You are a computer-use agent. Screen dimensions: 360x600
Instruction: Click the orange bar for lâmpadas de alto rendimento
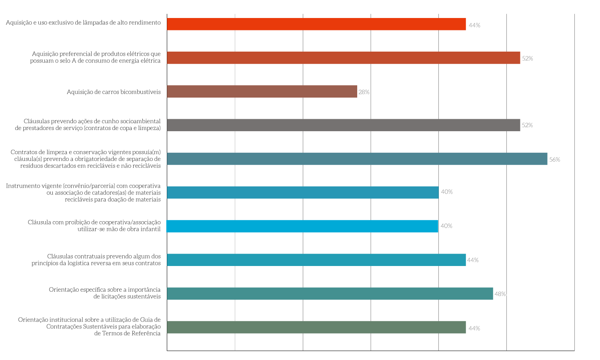316,24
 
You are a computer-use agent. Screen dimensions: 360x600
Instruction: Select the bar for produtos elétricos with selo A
343,58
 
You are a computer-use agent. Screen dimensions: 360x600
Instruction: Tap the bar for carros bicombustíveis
262,92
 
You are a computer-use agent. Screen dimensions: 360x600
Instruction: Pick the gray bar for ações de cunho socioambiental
343,125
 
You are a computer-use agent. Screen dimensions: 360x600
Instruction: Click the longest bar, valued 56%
357,159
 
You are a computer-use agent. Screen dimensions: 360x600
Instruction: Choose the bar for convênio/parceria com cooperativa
302,192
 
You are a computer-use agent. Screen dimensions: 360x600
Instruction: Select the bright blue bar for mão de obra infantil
302,226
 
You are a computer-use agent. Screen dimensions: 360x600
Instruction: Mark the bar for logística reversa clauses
316,260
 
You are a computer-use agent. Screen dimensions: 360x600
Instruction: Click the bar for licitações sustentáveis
330,294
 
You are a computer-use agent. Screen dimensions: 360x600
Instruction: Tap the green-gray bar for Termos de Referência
316,327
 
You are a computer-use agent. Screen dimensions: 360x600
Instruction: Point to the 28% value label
364,92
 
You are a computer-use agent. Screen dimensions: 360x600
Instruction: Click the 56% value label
554,160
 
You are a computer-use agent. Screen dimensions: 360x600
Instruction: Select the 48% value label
500,294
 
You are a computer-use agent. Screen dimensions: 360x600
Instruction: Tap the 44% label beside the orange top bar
474,25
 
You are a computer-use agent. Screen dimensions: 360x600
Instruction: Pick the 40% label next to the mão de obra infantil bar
446,226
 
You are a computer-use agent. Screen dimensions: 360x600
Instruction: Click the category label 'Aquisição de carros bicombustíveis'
114,92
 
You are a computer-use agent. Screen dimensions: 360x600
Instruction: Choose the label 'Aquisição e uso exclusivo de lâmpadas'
83,22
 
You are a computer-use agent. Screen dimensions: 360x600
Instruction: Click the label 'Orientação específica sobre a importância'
105,290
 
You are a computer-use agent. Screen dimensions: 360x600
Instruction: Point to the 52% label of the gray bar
527,125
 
